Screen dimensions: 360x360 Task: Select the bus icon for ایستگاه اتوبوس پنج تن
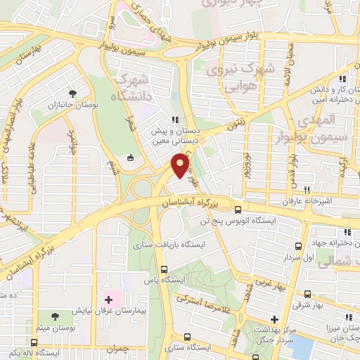[238, 210]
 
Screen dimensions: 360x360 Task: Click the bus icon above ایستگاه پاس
[164, 269]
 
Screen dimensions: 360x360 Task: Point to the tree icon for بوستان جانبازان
[72, 93]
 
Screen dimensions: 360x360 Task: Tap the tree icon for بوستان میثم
[55, 314]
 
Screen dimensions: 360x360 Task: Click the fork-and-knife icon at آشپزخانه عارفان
[307, 190]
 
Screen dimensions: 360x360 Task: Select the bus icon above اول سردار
[299, 246]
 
